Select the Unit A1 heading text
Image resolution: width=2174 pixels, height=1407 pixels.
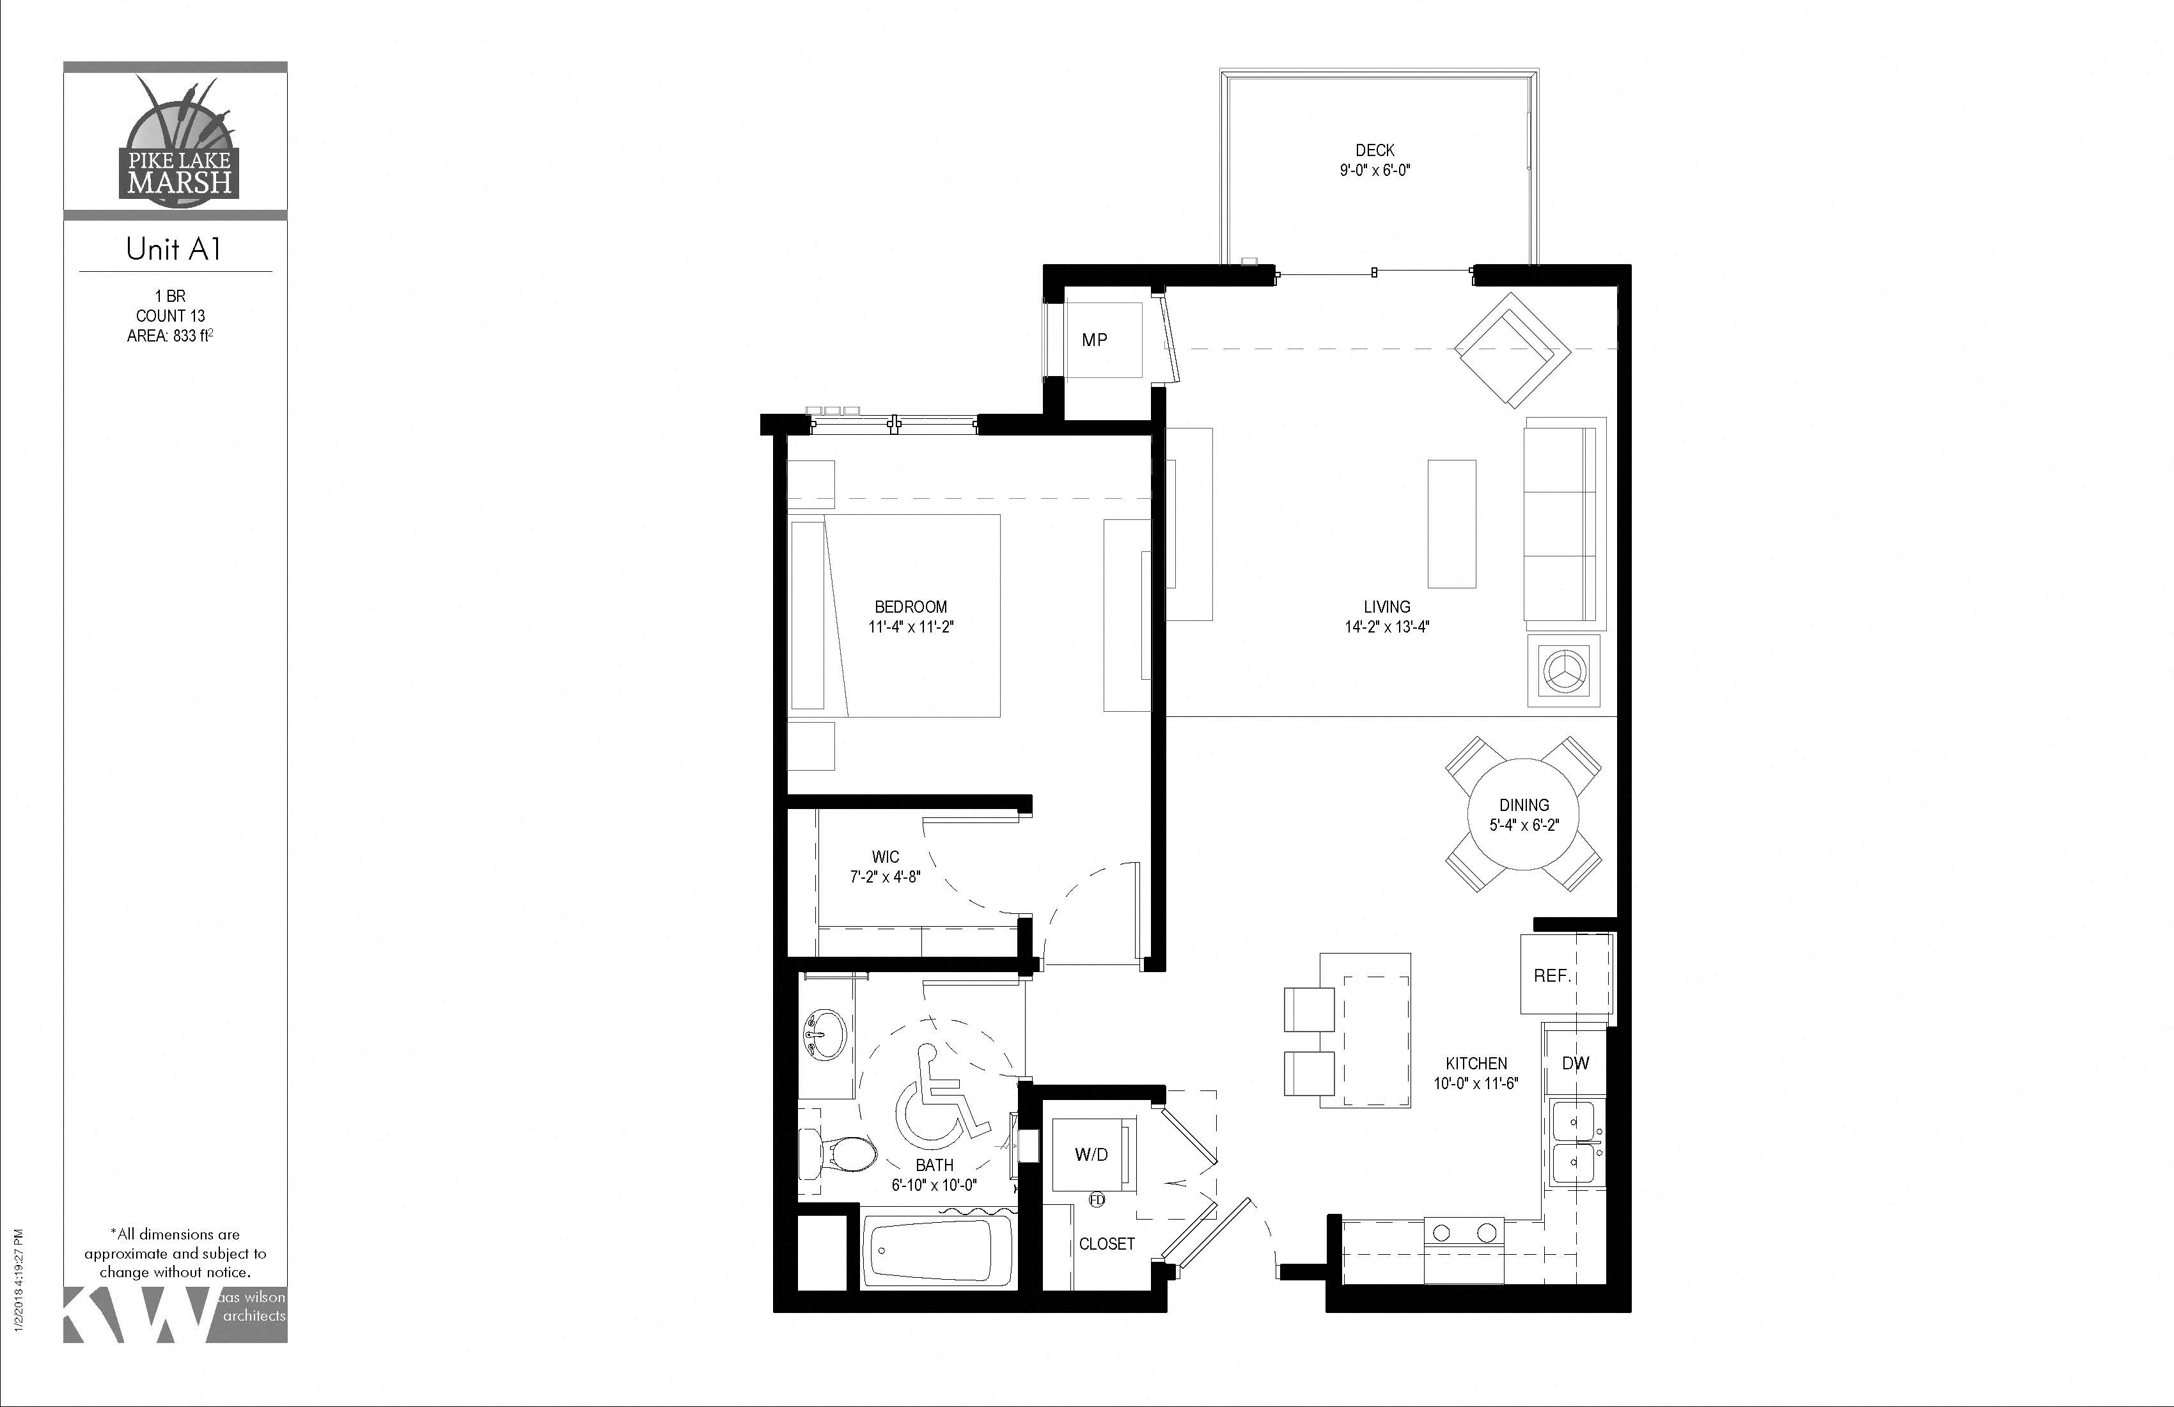point(173,249)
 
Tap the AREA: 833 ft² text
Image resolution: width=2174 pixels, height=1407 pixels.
point(170,335)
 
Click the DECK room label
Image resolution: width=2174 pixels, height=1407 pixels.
point(1375,150)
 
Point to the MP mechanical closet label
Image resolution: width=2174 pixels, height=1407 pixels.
point(1094,340)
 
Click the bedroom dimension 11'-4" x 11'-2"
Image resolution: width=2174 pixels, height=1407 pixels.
point(911,627)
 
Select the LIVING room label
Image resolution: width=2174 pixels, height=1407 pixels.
point(1387,607)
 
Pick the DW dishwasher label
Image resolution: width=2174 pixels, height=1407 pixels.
point(1576,1062)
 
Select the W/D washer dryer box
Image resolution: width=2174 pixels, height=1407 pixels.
point(1091,1154)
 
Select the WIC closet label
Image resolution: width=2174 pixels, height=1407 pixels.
point(885,856)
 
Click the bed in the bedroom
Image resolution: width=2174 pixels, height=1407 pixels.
point(895,616)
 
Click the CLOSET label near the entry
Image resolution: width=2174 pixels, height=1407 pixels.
point(1106,1243)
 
